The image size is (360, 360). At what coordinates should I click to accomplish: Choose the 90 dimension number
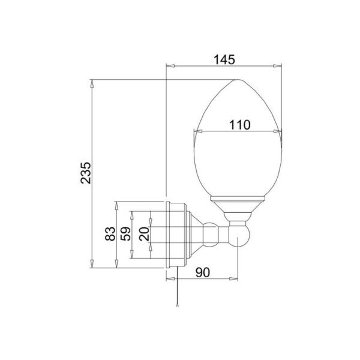[x=203, y=272]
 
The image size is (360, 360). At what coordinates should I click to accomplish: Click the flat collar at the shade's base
[x=239, y=200]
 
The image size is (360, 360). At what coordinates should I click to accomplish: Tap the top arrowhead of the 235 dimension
[x=92, y=82]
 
